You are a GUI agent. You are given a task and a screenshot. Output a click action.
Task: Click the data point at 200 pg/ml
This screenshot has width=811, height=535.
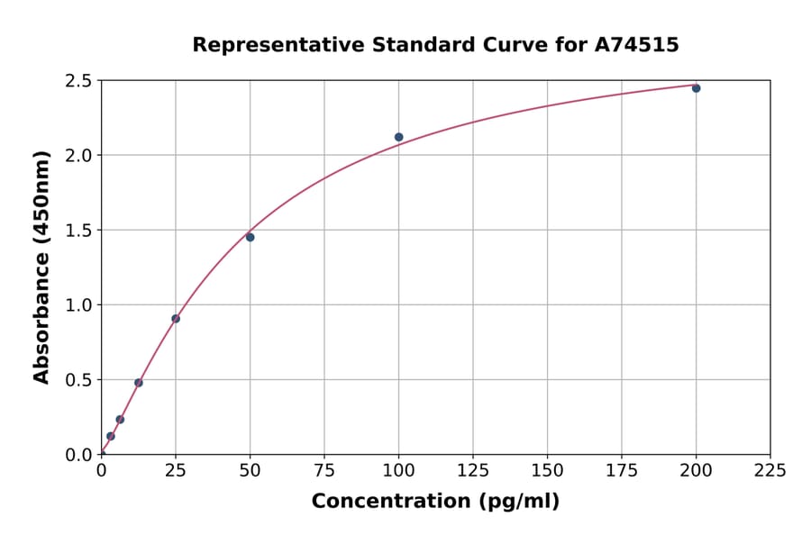[x=696, y=88]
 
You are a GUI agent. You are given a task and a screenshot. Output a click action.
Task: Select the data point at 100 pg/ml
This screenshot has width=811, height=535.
[x=398, y=137]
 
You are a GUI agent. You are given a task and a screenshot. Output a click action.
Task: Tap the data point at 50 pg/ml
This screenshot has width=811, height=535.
[x=250, y=237]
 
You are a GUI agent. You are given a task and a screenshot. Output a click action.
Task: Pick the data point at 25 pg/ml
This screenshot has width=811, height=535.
[x=176, y=318]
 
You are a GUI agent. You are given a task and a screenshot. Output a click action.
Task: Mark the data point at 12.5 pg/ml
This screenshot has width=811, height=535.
[x=139, y=383]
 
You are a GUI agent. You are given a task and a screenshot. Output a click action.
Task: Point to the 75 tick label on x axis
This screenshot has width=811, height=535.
[x=324, y=470]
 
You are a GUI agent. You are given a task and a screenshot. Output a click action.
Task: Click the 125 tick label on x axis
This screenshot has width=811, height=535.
[x=473, y=470]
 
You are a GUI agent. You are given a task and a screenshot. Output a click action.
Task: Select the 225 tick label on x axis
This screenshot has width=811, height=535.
[x=770, y=470]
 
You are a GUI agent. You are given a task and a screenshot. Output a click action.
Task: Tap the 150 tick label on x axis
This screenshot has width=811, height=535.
[x=547, y=470]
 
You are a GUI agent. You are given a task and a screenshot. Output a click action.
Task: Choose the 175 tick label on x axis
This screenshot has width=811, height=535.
[x=622, y=470]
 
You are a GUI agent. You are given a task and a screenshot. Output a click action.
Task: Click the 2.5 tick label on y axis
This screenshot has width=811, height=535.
[x=79, y=81]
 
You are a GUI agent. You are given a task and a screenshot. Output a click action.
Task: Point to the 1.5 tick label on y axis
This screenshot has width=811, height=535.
[x=79, y=231]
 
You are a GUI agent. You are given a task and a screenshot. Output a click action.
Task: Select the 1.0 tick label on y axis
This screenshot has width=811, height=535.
[x=79, y=305]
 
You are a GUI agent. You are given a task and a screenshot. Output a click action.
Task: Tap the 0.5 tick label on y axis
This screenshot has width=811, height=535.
[x=79, y=380]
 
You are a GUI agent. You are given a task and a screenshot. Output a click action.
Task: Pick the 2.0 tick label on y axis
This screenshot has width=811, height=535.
[x=79, y=156]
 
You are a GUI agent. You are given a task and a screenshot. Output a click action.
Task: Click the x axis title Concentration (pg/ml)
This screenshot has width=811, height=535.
[x=435, y=501]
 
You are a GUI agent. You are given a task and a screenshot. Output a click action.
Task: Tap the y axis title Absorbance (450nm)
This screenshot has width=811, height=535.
[x=41, y=267]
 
